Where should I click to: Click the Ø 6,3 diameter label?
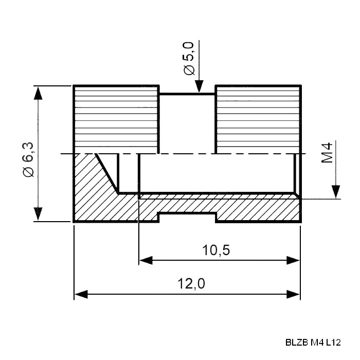point(29,159)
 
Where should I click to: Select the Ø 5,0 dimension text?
point(189,58)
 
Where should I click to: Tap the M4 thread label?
point(327,153)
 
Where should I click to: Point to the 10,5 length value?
point(216,250)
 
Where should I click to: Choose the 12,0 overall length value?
point(191,283)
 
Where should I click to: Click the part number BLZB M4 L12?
point(313,343)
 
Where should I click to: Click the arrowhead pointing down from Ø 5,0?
point(200,86)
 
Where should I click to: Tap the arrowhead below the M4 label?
point(336,192)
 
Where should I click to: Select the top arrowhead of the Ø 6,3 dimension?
point(38,93)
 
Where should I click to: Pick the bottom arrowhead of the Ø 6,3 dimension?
point(38,214)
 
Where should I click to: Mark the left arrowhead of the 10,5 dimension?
point(146,260)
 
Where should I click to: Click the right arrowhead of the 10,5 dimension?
point(293,260)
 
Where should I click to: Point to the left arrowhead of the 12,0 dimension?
point(81,294)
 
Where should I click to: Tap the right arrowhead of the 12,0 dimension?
point(293,294)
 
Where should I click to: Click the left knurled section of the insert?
point(116,119)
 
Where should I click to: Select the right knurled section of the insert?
point(258,119)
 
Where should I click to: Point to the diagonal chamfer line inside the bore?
point(107,174)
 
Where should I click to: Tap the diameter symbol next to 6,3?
point(29,172)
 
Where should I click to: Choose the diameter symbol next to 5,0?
point(189,70)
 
